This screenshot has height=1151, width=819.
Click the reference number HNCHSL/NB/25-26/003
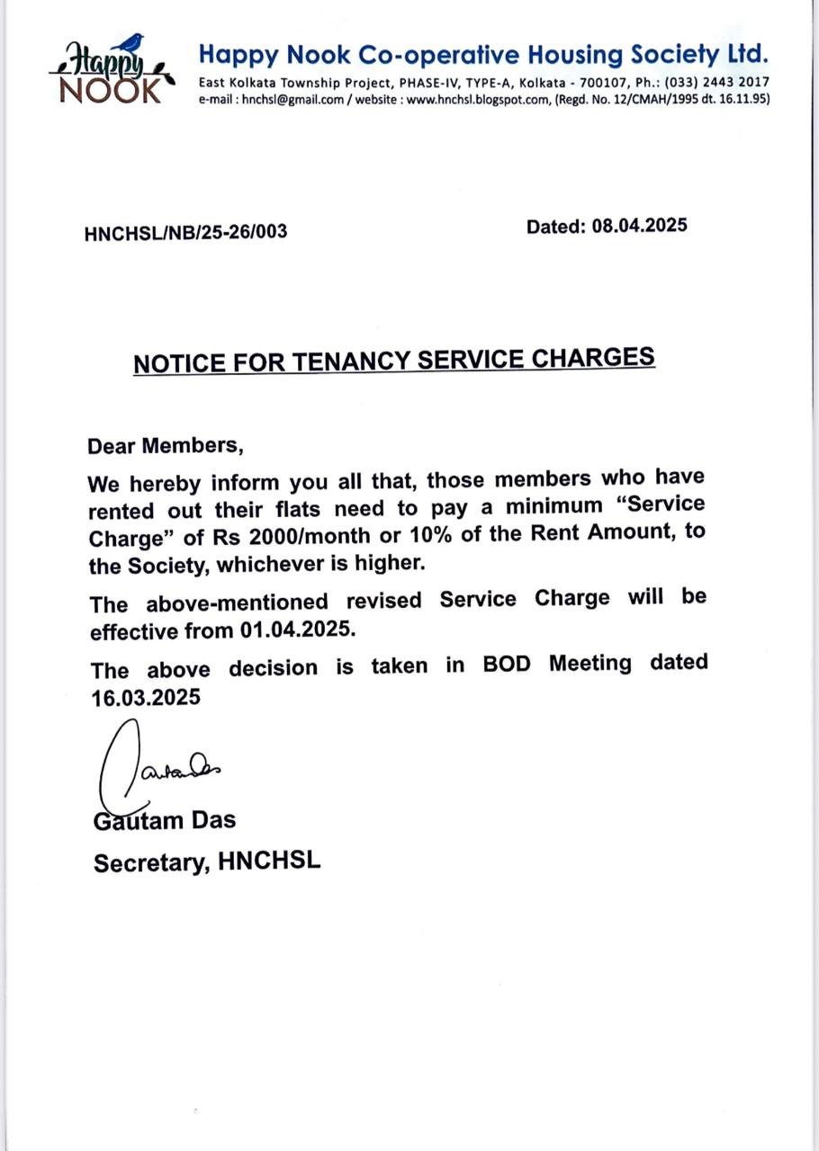tap(185, 232)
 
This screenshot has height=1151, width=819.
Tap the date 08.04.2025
tap(639, 225)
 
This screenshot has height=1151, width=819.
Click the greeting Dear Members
tap(166, 445)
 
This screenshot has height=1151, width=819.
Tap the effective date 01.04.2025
tap(297, 629)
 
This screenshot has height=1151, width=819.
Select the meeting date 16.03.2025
tap(146, 698)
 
